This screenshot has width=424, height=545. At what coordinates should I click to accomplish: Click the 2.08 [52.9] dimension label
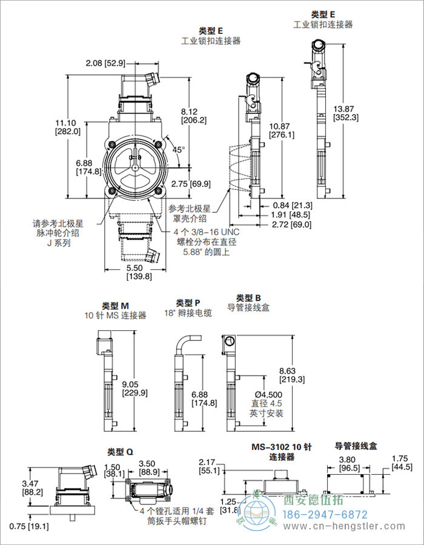105,63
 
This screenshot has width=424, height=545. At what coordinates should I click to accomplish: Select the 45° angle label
179,149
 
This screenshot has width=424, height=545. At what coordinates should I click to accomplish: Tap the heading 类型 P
188,303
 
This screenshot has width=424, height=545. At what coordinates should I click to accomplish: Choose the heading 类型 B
248,298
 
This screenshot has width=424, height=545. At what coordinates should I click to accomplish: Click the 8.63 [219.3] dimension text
291,376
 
